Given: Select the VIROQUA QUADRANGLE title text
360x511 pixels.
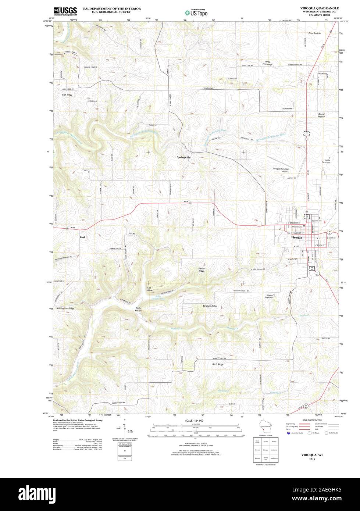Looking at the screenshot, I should pyautogui.click(x=318, y=8).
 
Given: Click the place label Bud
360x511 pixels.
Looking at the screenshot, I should pyautogui.click(x=82, y=237).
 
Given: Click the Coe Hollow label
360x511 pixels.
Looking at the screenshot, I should pyautogui.click(x=149, y=289).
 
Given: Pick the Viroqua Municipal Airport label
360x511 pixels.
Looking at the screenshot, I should pyautogui.click(x=281, y=170).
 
